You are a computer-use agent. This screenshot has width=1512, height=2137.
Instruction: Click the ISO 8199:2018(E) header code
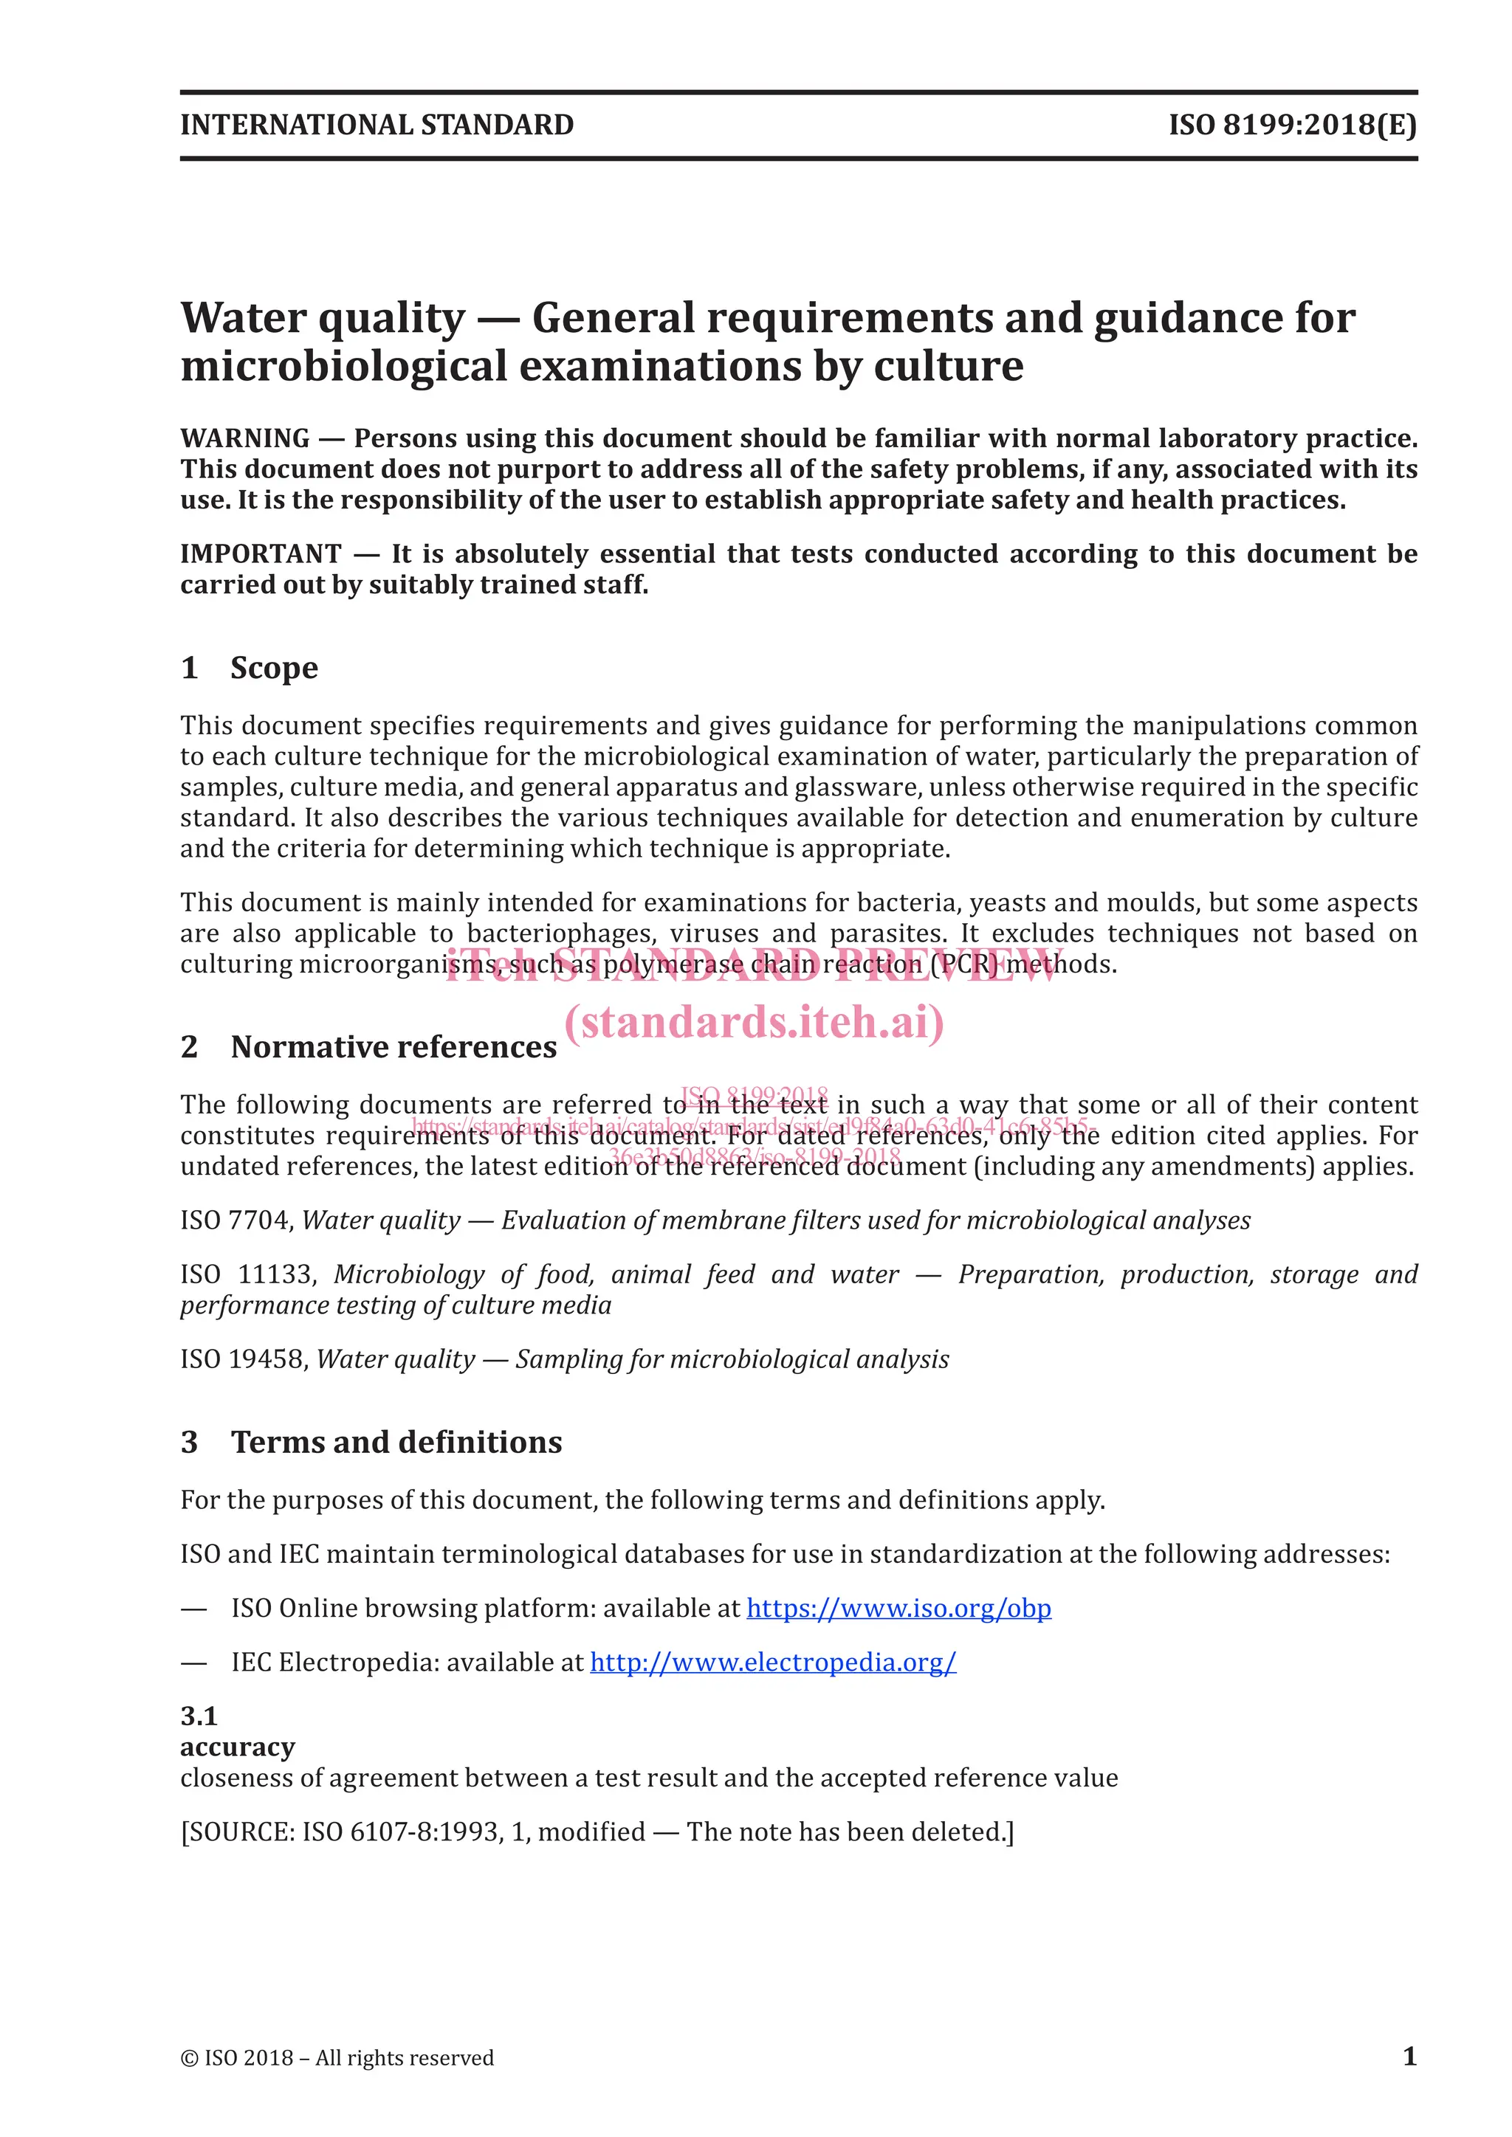[1292, 125]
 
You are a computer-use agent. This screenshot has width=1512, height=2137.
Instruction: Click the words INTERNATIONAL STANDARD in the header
[377, 125]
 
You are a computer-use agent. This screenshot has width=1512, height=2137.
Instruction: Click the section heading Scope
[274, 669]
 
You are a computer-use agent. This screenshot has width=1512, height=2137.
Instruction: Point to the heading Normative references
[394, 1047]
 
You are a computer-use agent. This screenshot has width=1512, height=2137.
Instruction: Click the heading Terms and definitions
[396, 1442]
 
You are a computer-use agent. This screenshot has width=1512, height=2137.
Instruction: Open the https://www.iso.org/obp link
[898, 1609]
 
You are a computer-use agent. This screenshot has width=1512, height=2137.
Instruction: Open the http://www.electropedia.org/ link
[773, 1663]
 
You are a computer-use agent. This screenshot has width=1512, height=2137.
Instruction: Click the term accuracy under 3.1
[238, 1747]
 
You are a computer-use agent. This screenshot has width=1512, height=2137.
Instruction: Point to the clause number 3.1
[199, 1716]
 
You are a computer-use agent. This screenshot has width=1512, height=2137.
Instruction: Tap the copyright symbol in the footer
[189, 2058]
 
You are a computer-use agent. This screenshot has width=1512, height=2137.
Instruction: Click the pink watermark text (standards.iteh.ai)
[754, 1022]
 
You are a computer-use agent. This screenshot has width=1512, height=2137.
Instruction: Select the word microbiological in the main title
[343, 366]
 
